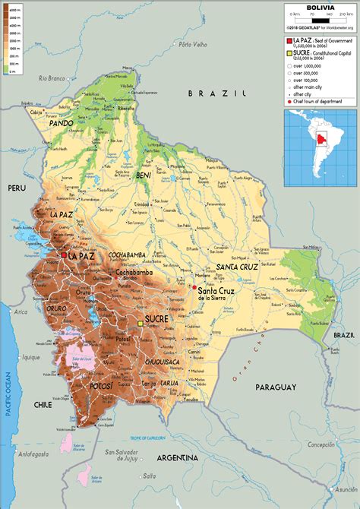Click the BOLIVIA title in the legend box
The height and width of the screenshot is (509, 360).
point(319,8)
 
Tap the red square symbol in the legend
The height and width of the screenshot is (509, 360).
point(289,40)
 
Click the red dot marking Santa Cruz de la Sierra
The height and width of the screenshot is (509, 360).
point(194,288)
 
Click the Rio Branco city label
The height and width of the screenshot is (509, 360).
point(53,77)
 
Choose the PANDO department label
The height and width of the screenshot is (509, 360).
point(61,122)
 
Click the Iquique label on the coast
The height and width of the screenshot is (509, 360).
point(30,357)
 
